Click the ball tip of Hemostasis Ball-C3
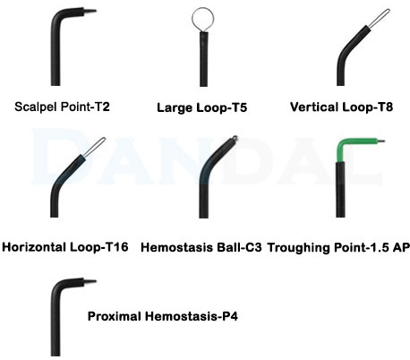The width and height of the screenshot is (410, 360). pos(235,138)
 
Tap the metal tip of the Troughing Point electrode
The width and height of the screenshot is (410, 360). pos(381,141)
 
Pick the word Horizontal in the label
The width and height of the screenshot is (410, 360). pos(34,247)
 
